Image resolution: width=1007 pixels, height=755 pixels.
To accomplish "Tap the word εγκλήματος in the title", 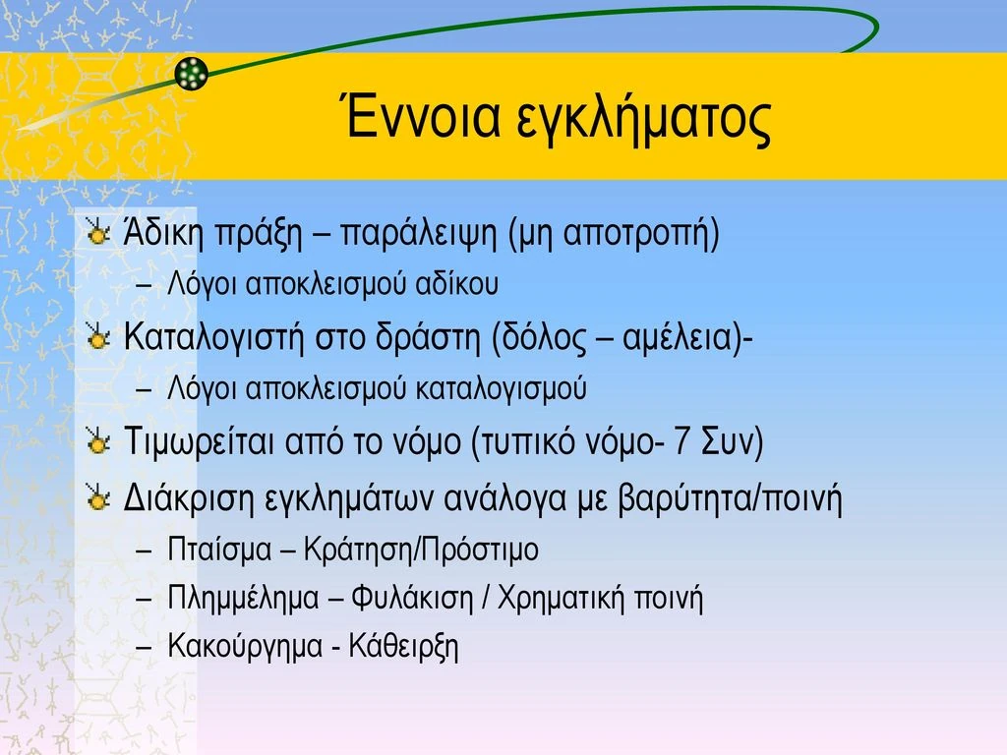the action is tap(643, 121).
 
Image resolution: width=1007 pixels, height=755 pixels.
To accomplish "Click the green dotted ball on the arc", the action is tap(192, 73).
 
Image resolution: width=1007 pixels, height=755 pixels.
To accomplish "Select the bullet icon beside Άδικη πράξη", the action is tap(97, 232).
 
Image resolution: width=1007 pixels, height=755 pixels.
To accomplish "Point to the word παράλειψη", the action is tap(418, 234).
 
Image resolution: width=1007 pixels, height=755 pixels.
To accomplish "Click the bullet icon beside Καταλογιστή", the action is tap(97, 337).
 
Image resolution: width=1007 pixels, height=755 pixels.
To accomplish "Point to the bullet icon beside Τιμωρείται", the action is tap(97, 442).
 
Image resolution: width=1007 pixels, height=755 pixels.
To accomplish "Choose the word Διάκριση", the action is tap(189, 498).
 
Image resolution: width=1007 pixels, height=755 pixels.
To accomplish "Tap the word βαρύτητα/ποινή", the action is tap(730, 498).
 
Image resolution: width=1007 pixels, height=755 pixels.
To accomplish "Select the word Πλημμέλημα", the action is tap(244, 599).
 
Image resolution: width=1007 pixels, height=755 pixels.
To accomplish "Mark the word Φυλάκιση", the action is tap(412, 599).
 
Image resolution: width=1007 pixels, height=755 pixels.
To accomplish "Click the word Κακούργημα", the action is tap(245, 646).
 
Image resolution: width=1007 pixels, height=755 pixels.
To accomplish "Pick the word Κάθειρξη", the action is tap(404, 646).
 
